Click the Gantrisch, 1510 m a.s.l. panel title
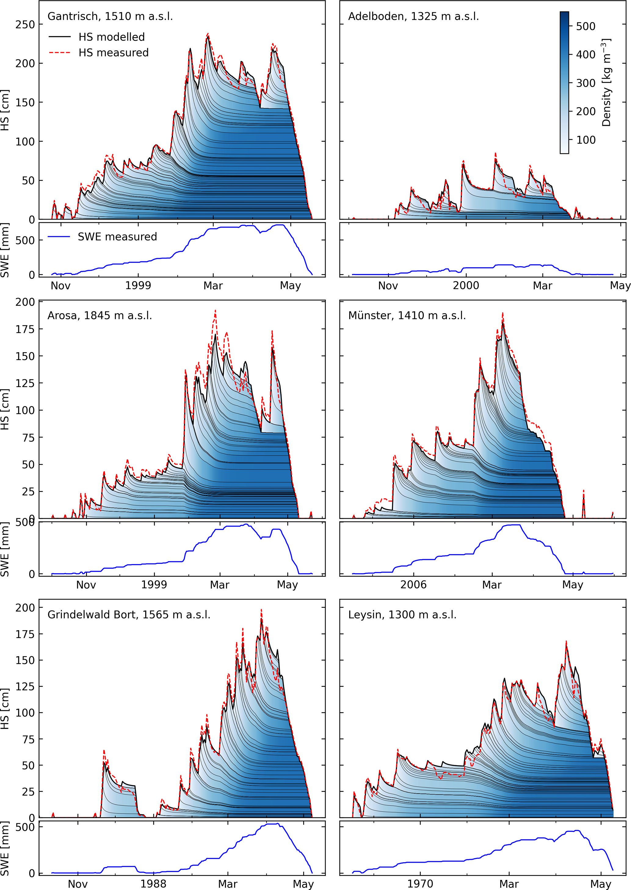[x=110, y=16]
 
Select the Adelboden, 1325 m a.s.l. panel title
[x=413, y=16]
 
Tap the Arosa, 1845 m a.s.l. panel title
[x=100, y=316]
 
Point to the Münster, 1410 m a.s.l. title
[x=407, y=316]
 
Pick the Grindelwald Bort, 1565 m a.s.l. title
[x=129, y=615]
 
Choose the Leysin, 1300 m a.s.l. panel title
[x=402, y=615]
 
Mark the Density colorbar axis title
[x=607, y=82]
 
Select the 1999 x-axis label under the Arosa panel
[x=154, y=585]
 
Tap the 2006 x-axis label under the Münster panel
[x=413, y=585]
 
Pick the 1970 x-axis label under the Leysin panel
[x=420, y=884]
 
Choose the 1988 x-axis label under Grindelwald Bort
[x=154, y=884]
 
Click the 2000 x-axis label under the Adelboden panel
[x=466, y=286]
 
